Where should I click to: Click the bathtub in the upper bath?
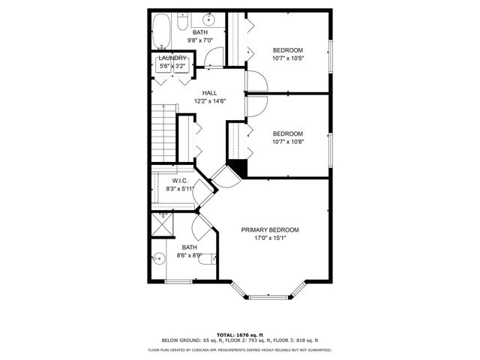tap(161, 32)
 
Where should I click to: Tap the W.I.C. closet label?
tap(179, 181)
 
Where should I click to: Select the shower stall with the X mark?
tap(162, 223)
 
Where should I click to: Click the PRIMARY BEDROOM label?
tap(270, 230)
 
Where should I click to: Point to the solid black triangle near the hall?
tap(238, 168)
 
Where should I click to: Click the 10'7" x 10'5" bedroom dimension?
tap(288, 58)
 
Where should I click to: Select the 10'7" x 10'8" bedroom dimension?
tap(288, 140)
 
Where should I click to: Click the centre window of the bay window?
tap(267, 298)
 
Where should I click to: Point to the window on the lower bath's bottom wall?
tap(178, 281)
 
